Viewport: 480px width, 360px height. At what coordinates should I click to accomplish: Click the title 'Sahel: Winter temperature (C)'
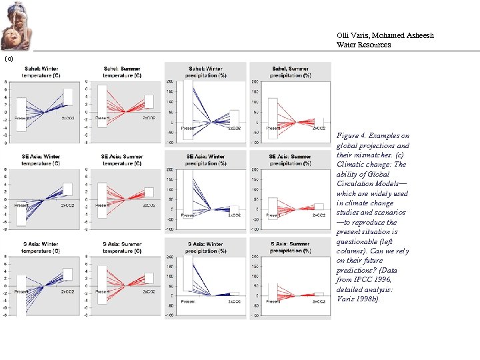[41, 71]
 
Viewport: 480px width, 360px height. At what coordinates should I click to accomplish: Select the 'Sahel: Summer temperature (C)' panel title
[123, 71]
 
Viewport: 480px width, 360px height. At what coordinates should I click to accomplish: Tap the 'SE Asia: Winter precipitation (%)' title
[206, 159]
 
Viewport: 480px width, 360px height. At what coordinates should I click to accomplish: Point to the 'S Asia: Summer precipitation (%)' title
[290, 247]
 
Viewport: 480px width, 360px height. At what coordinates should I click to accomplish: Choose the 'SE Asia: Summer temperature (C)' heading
[123, 159]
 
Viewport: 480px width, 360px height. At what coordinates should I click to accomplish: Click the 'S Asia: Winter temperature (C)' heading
[41, 247]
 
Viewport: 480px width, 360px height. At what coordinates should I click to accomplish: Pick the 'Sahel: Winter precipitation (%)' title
[206, 71]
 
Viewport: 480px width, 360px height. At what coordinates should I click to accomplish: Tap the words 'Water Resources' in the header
[363, 45]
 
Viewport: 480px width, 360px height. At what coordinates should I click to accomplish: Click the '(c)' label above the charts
[8, 59]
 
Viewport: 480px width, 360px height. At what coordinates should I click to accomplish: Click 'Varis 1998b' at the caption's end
[357, 299]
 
